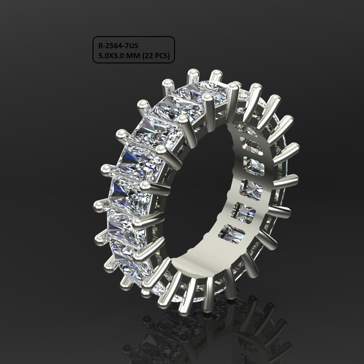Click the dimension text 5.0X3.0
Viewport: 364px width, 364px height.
click(112, 56)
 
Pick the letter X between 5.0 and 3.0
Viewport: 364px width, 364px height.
click(111, 56)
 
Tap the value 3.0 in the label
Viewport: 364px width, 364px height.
click(120, 56)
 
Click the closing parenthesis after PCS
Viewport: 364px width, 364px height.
click(169, 56)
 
